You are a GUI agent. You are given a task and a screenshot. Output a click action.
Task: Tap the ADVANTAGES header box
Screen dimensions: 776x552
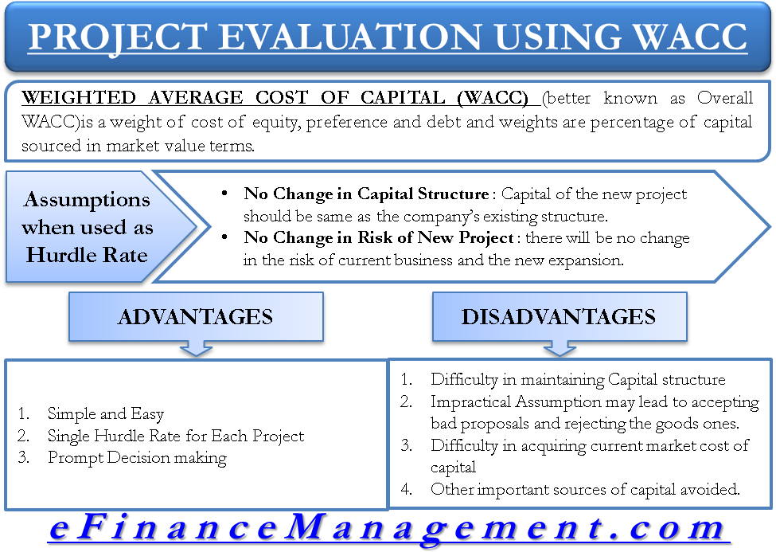tap(196, 317)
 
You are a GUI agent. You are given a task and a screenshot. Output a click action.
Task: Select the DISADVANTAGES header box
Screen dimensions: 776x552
tap(560, 317)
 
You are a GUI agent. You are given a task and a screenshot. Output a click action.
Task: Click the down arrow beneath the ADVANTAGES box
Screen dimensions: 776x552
tap(196, 348)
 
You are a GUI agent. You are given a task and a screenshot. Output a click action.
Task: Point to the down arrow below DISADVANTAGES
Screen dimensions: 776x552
tap(560, 348)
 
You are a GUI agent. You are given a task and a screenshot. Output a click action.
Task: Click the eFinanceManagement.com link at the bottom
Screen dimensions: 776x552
tap(389, 528)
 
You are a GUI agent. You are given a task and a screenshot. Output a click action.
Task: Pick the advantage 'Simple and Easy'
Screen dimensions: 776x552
tap(105, 413)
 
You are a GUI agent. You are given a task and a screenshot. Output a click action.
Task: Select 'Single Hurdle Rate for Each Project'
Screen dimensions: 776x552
tap(176, 436)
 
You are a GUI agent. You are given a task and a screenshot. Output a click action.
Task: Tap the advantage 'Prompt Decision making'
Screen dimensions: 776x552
tap(137, 458)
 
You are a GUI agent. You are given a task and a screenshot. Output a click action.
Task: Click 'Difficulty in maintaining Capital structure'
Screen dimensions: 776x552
tap(578, 380)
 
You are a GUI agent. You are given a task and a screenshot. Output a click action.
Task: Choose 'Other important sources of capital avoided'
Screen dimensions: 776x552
tap(585, 490)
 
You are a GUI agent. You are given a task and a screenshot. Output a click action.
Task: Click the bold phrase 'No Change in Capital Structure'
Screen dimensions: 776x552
tap(366, 194)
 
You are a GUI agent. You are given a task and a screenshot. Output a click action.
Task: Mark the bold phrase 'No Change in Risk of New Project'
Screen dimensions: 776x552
tap(379, 238)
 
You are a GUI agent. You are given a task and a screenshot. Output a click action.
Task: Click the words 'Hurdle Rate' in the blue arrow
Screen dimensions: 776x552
tap(87, 255)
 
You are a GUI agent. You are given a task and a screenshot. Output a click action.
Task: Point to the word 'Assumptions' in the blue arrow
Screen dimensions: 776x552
tap(87, 200)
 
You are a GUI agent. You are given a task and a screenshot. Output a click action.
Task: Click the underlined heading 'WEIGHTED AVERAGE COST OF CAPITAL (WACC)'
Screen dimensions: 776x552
tap(275, 98)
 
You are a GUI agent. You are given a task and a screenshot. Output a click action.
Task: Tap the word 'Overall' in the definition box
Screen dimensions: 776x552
tap(725, 98)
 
